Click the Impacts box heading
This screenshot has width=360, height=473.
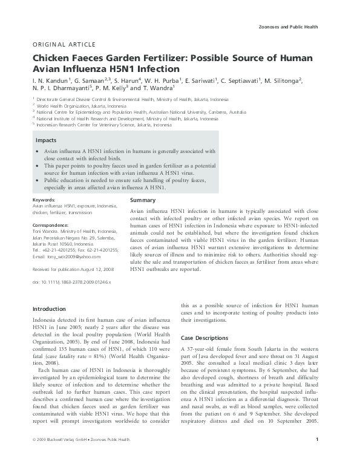coord(46,140)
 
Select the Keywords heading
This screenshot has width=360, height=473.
coord(44,199)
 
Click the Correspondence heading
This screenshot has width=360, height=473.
coord(51,225)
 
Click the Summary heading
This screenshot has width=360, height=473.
coord(143,200)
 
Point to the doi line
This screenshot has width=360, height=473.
coord(71,282)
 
